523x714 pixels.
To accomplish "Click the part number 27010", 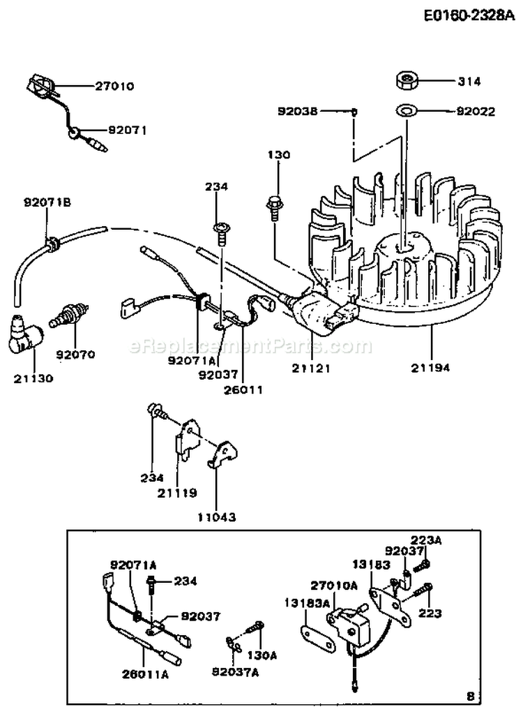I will [x=114, y=87].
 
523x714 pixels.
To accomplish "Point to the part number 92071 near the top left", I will [x=128, y=130].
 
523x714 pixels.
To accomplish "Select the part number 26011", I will [x=244, y=389].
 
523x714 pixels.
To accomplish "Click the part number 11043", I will [x=216, y=517].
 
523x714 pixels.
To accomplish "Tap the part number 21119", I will [x=178, y=492].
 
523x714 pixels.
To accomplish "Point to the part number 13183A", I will [x=305, y=600].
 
